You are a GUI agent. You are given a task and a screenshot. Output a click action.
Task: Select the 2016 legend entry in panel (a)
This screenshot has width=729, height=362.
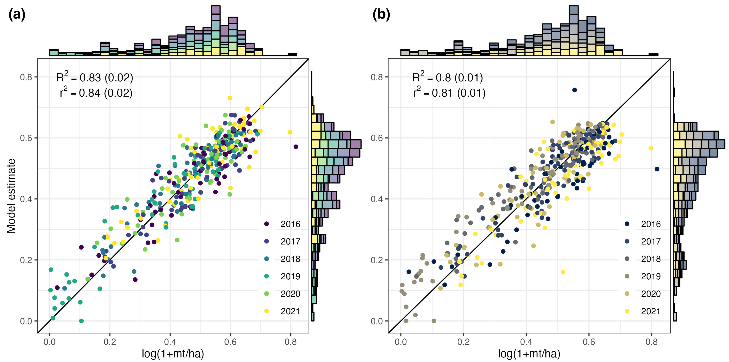tap(283, 224)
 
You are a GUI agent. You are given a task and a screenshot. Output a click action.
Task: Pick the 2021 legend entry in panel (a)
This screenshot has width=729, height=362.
tap(283, 311)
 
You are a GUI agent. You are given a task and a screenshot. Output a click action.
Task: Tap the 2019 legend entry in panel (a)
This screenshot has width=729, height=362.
tap(283, 276)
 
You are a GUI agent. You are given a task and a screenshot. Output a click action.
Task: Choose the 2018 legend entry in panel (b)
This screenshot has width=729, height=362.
tap(643, 259)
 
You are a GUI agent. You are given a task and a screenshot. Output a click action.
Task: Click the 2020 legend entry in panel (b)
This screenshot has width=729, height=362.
tap(643, 294)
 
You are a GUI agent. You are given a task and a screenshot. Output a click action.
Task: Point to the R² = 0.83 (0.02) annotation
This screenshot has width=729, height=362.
tap(95, 78)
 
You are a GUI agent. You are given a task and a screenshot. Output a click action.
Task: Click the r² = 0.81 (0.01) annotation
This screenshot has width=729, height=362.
tap(449, 93)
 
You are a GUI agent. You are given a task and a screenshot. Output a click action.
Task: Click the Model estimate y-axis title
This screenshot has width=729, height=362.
tap(11, 196)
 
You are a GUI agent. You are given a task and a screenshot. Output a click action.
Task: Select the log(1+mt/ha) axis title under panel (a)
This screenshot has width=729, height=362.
tap(173, 354)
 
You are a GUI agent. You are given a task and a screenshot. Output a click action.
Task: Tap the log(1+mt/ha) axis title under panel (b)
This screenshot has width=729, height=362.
tap(529, 354)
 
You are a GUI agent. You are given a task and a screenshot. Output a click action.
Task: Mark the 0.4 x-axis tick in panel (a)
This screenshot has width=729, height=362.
tap(170, 342)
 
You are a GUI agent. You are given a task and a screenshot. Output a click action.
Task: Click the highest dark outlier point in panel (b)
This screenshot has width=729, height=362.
tap(575, 90)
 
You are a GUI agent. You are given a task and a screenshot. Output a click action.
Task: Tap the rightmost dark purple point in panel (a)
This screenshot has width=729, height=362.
tap(296, 147)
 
